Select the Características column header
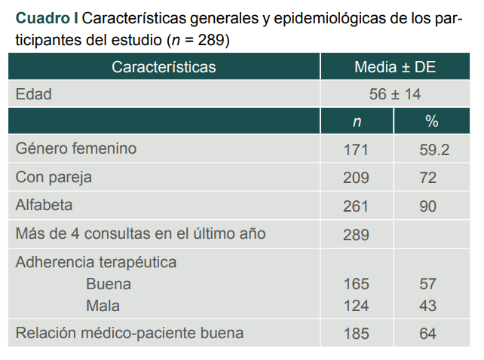coord(164,67)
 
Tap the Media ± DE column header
coord(395,67)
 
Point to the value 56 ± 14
coord(395,94)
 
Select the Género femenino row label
coord(76,149)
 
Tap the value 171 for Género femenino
coord(357,150)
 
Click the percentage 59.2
coord(434,150)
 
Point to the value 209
coord(357,178)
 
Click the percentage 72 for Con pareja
coord(428,178)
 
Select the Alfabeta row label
coord(44,205)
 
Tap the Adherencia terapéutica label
coord(96,263)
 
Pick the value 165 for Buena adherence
coord(357,284)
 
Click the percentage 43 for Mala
coord(428,306)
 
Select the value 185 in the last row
coord(357,333)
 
